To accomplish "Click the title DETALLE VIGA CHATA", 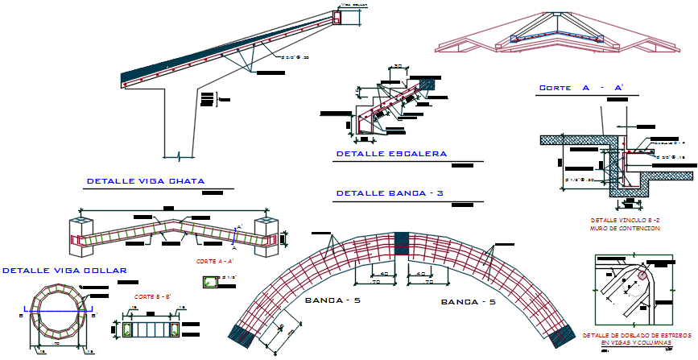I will [145, 180].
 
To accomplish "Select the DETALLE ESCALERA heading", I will [391, 153].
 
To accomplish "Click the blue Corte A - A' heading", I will [581, 87].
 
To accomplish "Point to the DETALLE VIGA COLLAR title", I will [64, 271].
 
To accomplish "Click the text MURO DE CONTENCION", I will [625, 229].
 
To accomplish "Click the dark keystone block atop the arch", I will [402, 243].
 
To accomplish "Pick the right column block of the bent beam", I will [266, 238].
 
